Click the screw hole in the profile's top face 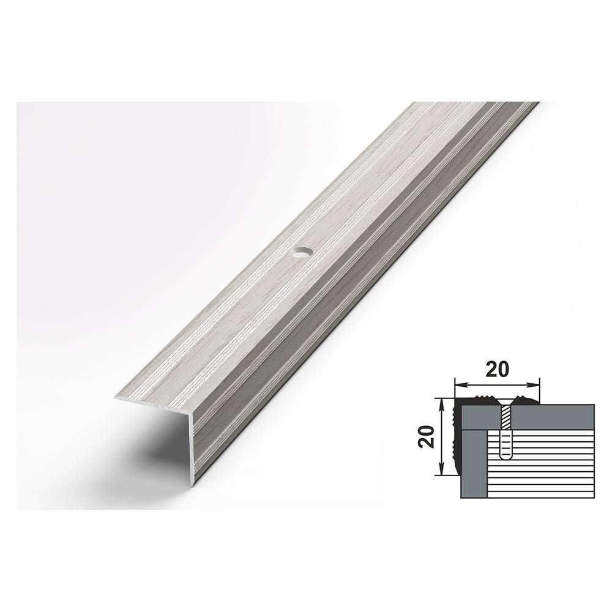(300, 253)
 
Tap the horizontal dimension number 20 (497, 370)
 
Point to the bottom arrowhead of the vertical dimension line (442, 469)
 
